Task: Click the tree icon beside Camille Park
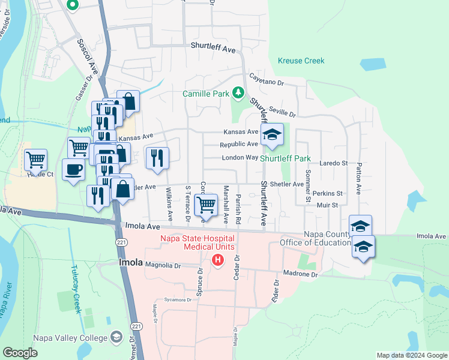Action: click(x=238, y=92)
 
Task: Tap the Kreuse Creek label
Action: click(x=301, y=61)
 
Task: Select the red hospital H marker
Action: click(x=218, y=260)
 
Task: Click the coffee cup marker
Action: click(x=73, y=169)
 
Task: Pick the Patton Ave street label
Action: click(x=358, y=178)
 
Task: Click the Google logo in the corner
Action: click(x=20, y=353)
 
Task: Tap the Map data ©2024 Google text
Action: click(x=412, y=355)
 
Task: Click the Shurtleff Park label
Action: click(x=285, y=158)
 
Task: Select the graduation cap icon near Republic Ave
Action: click(x=272, y=136)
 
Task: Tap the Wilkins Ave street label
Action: click(x=170, y=202)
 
